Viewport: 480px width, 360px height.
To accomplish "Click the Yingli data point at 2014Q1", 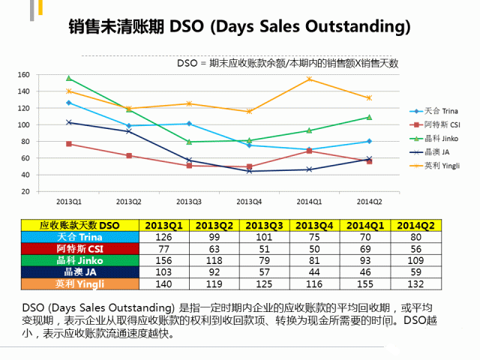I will tap(310, 79).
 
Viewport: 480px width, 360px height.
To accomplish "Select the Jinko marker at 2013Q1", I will tap(68, 78).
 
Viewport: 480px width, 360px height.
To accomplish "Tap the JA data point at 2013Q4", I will tap(249, 171).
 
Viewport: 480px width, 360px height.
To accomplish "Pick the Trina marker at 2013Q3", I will tap(189, 124).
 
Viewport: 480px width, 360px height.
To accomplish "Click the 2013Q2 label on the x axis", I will tap(128, 201).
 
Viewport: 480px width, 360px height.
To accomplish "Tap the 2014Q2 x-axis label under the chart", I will tap(370, 201).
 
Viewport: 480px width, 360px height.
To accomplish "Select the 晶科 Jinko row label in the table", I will tap(79, 260).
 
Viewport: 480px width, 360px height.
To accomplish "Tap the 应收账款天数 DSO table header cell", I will tap(79, 225).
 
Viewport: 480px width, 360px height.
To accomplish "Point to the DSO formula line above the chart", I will tap(287, 63).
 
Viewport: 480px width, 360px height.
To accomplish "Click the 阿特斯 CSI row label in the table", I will tap(79, 248).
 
